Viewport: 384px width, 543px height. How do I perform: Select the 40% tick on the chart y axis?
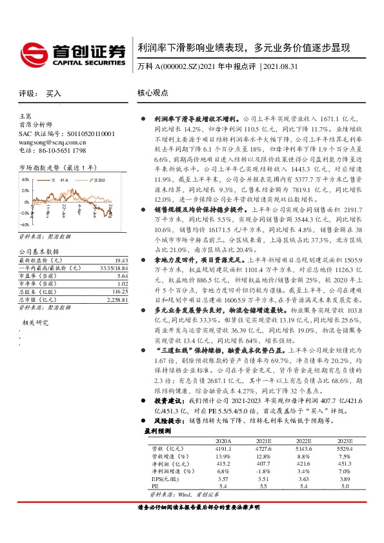(x=26, y=180)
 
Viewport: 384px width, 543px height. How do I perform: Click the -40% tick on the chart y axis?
(x=25, y=225)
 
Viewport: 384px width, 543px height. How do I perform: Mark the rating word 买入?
(x=54, y=94)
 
